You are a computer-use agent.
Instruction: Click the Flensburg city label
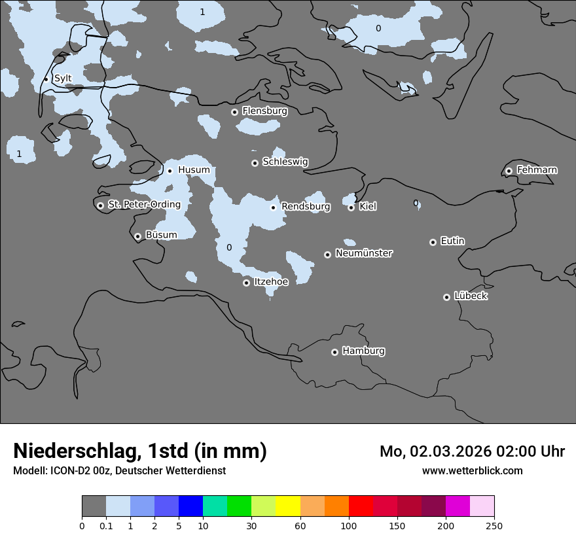pos(264,111)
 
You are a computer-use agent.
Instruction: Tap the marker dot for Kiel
pos(351,207)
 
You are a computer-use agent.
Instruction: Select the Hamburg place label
pos(363,351)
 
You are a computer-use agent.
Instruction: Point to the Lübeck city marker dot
pos(447,297)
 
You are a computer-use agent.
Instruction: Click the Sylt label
pos(63,79)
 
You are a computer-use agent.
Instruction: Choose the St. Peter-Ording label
pos(144,205)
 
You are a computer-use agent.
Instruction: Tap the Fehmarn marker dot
pos(509,171)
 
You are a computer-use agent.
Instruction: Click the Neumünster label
pos(364,253)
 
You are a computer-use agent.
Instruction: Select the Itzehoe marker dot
pos(247,283)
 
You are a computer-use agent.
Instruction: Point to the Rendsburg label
pos(306,207)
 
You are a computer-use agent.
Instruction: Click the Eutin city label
pos(452,241)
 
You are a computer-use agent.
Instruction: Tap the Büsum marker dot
pos(137,236)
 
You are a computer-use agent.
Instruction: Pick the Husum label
pos(194,170)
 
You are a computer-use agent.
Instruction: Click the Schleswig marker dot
pos(255,163)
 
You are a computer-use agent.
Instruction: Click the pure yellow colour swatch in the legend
pos(288,506)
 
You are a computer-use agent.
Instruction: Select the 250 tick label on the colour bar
pos(494,525)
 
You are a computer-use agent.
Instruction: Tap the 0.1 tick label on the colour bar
pos(106,525)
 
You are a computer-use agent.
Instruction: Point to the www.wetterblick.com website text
pos(472,470)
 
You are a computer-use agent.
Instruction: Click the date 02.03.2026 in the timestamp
pos(452,451)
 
